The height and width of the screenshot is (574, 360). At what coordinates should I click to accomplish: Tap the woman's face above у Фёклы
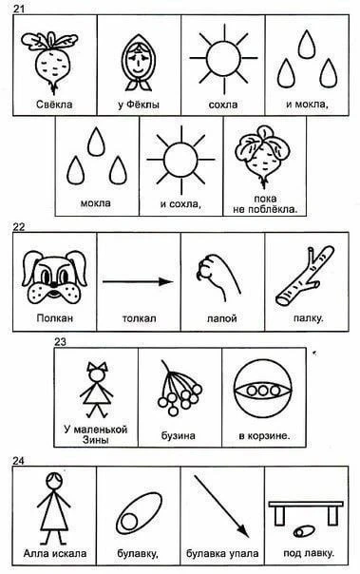[139, 63]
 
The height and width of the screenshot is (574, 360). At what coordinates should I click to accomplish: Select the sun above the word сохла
[223, 58]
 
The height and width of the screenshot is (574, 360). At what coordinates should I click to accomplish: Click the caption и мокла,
[307, 105]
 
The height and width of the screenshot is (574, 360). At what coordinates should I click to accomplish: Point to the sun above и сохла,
[180, 160]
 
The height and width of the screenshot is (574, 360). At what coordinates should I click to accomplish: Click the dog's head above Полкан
[54, 277]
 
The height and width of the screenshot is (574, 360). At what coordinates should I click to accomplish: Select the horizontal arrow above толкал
[138, 281]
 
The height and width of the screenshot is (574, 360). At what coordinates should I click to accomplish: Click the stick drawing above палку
[305, 276]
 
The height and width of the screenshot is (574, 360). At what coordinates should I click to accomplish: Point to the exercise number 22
[19, 227]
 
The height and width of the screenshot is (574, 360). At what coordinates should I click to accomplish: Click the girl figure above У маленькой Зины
[97, 390]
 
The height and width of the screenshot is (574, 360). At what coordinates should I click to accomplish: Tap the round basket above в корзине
[263, 389]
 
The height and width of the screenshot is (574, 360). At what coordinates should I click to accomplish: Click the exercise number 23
[61, 342]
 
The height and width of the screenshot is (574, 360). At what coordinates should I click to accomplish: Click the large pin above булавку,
[139, 511]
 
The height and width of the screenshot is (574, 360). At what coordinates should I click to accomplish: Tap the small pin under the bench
[303, 531]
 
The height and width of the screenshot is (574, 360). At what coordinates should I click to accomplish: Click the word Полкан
[55, 317]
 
